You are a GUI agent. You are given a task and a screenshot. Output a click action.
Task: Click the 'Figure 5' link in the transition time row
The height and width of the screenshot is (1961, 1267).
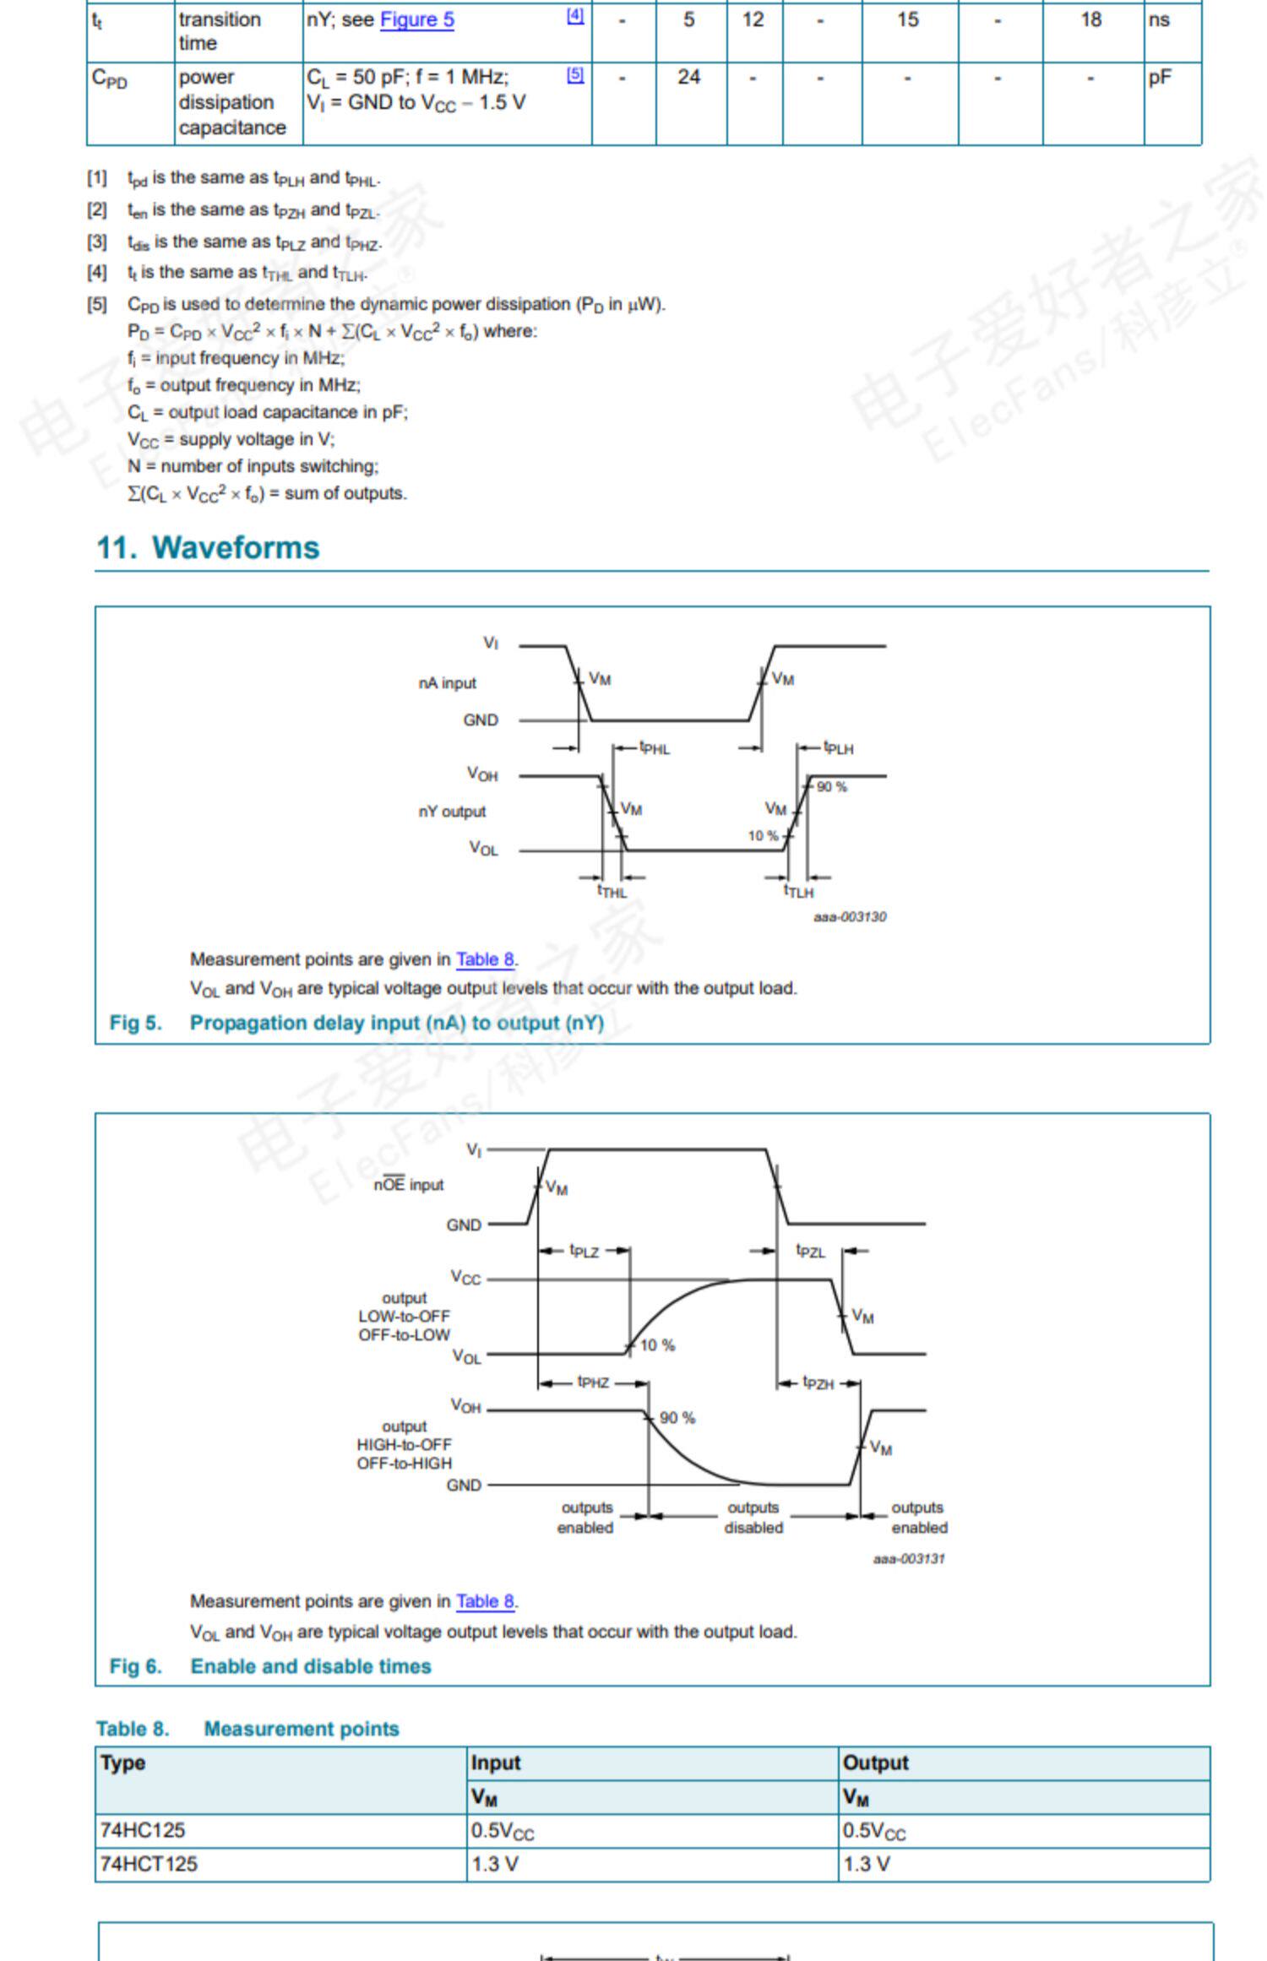416,20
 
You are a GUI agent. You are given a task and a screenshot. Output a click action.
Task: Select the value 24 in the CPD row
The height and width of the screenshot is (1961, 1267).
688,78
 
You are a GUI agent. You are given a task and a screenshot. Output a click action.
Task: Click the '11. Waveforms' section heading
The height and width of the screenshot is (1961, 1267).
208,547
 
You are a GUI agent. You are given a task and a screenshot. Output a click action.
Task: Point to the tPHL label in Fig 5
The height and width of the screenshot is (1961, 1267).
655,747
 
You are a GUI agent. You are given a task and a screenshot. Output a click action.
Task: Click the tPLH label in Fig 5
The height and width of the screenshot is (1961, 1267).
839,747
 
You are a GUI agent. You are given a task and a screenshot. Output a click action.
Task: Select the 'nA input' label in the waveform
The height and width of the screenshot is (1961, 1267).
447,682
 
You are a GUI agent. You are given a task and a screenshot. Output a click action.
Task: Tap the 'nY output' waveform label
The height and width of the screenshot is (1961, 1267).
452,812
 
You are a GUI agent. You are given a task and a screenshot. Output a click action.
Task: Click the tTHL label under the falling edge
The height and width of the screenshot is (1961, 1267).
612,891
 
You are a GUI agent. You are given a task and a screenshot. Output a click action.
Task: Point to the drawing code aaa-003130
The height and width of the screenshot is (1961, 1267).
850,916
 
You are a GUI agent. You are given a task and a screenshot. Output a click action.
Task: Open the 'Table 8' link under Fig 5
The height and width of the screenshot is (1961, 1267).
485,959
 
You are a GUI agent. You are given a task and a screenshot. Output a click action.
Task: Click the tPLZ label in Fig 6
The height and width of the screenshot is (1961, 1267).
584,1251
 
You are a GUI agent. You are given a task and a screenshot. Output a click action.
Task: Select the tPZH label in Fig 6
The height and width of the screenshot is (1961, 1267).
818,1383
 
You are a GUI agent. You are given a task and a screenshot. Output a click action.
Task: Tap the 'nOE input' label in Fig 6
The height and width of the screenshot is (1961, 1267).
409,1185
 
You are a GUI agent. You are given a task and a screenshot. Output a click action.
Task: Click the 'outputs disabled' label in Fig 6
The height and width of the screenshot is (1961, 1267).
753,1518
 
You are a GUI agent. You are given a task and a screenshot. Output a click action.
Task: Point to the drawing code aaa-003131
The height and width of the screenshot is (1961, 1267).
909,1558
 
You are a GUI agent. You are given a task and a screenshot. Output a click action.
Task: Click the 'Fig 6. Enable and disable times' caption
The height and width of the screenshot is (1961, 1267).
270,1666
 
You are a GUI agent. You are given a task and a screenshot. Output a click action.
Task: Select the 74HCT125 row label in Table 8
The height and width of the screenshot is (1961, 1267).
149,1864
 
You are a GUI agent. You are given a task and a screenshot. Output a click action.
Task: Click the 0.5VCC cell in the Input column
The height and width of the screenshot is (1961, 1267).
503,1831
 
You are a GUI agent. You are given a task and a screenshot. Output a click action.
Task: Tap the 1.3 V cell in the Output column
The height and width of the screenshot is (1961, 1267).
866,1864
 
